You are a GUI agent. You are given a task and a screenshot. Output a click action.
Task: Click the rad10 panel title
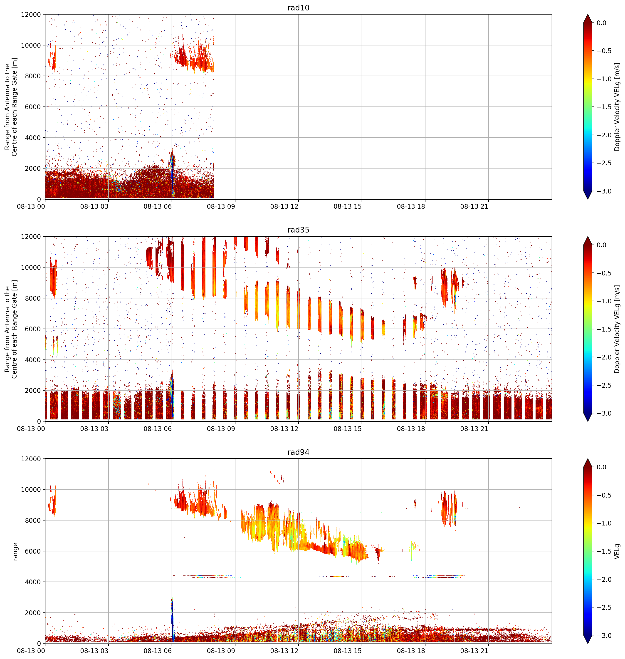pyautogui.click(x=298, y=8)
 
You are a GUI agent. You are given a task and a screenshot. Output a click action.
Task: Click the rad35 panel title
pyautogui.click(x=298, y=230)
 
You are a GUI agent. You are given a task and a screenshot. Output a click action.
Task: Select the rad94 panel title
pyautogui.click(x=298, y=452)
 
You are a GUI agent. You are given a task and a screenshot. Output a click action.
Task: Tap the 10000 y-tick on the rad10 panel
pyautogui.click(x=31, y=45)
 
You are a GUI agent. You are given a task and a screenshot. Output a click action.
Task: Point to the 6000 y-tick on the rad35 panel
pyautogui.click(x=33, y=329)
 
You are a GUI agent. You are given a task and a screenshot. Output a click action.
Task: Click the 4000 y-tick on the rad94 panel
pyautogui.click(x=33, y=582)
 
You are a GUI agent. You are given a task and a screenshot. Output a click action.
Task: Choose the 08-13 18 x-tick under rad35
pyautogui.click(x=411, y=429)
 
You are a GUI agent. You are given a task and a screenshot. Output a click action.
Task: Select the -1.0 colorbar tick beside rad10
pyautogui.click(x=604, y=79)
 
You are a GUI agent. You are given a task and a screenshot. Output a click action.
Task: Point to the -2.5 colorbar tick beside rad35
pyautogui.click(x=604, y=385)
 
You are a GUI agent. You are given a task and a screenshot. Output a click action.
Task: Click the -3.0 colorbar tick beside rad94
pyautogui.click(x=604, y=636)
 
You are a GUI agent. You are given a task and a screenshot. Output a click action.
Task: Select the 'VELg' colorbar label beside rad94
pyautogui.click(x=617, y=551)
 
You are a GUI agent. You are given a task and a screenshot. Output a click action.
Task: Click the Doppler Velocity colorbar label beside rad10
pyautogui.click(x=617, y=107)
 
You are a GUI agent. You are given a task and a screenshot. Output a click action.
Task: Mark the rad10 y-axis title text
pyautogui.click(x=11, y=107)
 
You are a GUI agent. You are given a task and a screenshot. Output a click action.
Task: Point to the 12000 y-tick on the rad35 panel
pyautogui.click(x=31, y=237)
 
